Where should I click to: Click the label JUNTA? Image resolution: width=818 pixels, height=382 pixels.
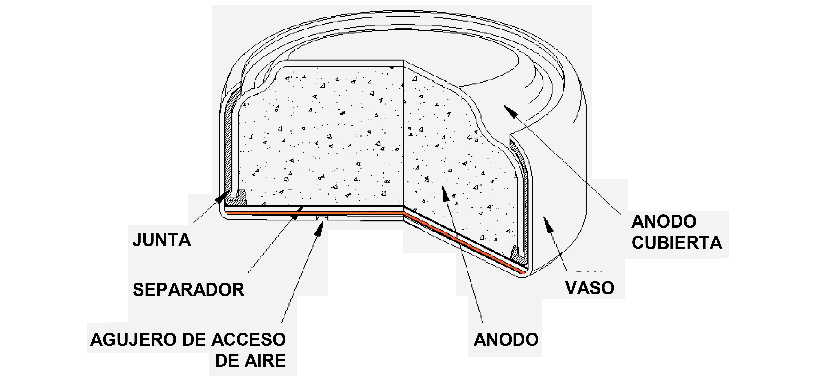162,240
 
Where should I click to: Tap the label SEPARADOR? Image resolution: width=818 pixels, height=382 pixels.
189,290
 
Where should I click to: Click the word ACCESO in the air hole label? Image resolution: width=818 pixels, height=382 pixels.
249,340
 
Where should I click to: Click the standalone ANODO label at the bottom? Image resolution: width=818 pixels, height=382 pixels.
506,340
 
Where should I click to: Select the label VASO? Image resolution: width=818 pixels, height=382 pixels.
590,288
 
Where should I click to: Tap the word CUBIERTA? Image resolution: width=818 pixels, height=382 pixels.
677,243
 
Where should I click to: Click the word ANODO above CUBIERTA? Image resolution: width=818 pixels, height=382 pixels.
664,222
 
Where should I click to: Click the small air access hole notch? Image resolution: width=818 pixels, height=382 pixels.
322,217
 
